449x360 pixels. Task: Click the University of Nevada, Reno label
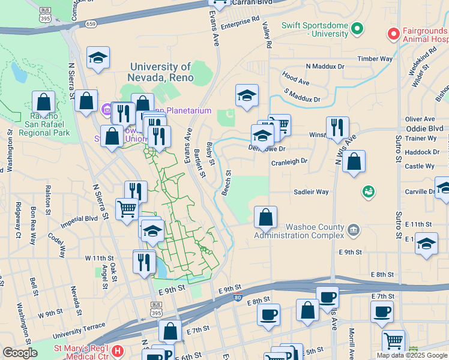click(161, 72)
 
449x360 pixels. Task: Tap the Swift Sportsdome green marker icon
click(357, 28)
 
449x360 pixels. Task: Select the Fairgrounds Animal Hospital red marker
click(394, 33)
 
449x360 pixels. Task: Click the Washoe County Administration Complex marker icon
click(354, 228)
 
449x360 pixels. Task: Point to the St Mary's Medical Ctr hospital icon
click(118, 350)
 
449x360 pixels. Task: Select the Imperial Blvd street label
click(83, 218)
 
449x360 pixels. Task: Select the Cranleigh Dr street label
click(289, 161)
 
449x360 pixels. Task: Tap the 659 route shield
click(91, 24)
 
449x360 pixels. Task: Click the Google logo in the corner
click(20, 353)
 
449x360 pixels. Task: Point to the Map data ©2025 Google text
click(412, 355)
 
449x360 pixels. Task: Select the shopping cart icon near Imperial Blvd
click(127, 209)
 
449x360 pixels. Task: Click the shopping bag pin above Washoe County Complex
click(265, 216)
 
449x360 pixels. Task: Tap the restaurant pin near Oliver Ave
click(337, 127)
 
